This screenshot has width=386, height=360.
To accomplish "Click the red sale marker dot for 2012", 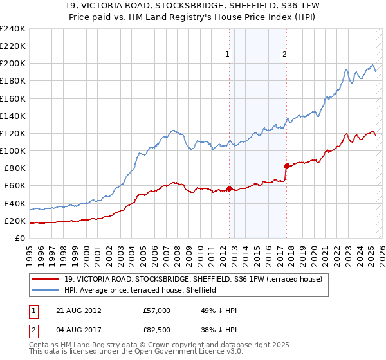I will click(x=229, y=188).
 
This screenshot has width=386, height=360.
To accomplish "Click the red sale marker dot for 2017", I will click(x=286, y=166).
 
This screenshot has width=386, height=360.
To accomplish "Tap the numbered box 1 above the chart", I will click(x=228, y=55).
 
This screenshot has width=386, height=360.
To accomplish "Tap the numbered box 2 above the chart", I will click(x=284, y=55).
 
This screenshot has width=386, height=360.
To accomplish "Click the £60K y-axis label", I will click(x=15, y=186).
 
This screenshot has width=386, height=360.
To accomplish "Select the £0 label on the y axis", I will click(x=20, y=239).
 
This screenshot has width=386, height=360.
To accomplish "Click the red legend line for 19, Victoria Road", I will click(x=45, y=279).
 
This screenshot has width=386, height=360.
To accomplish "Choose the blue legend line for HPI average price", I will click(x=45, y=290).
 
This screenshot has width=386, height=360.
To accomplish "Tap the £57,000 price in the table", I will click(x=157, y=310).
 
